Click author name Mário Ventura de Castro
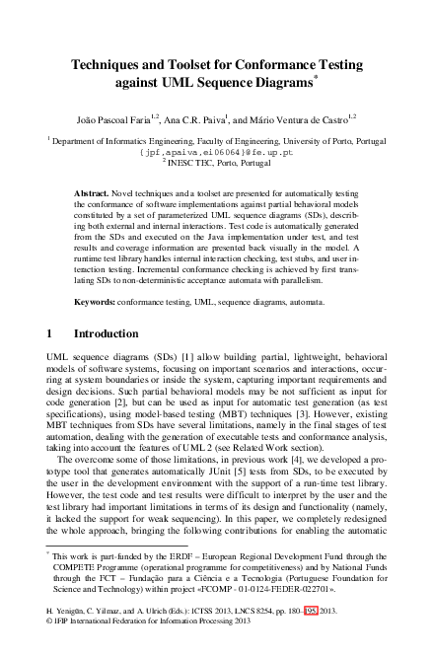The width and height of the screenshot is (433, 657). click(x=305, y=116)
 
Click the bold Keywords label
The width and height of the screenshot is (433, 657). click(x=96, y=295)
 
